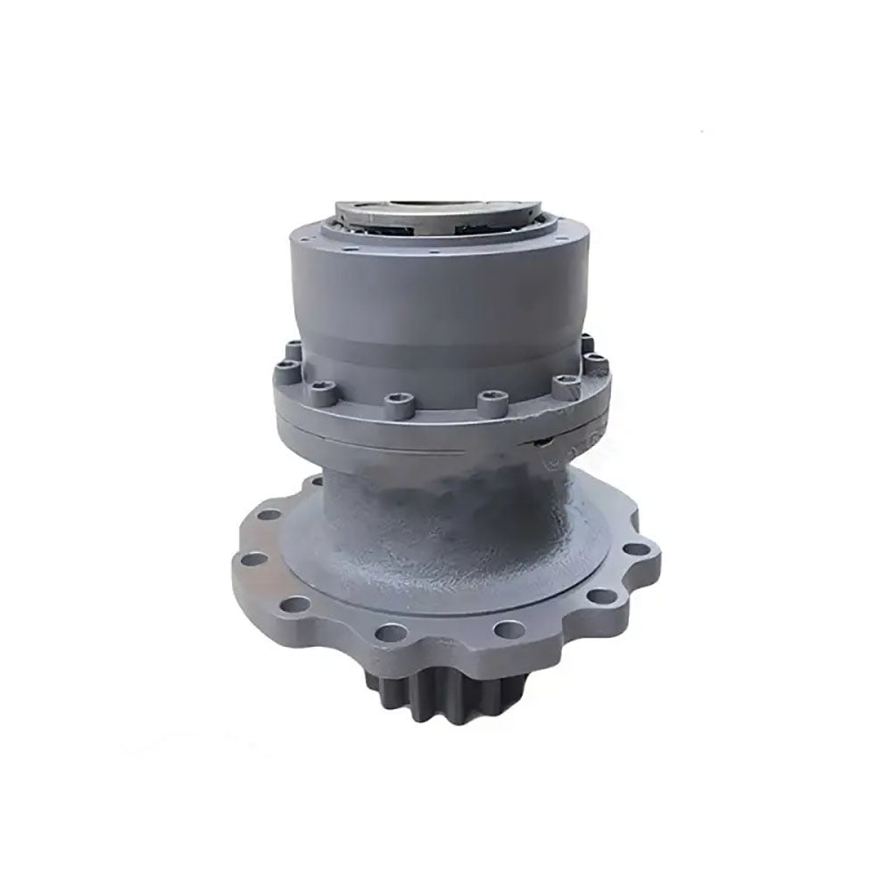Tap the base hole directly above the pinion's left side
[385, 634]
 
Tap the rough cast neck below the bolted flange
[446, 508]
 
